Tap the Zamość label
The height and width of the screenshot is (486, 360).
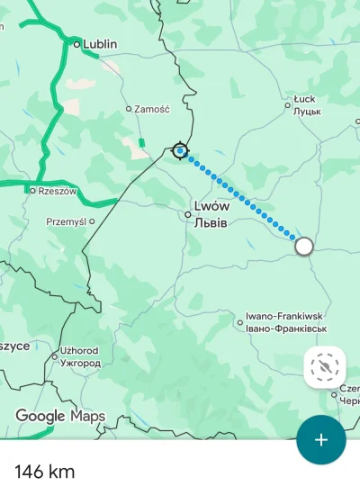coord(151,109)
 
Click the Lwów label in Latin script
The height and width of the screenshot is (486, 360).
coord(212,205)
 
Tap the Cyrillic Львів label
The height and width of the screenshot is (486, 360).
coord(211,222)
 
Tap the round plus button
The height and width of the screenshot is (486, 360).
coord(321,440)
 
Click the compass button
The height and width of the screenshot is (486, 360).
coord(325,366)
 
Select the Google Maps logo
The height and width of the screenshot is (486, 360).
coord(60,417)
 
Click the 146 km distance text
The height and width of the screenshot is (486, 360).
coord(45,471)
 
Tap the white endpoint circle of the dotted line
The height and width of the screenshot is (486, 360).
coord(304,246)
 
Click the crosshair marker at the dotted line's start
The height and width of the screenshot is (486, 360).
coord(181,150)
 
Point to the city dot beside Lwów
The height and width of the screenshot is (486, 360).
coord(188,214)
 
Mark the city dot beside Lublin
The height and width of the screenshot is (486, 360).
coord(76,43)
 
